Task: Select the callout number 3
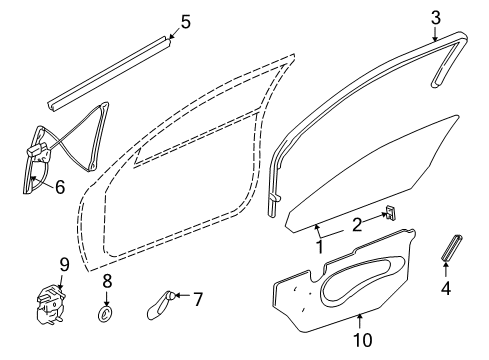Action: click(434, 16)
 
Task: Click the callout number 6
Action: click(59, 185)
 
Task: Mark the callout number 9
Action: click(63, 264)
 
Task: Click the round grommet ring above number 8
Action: click(106, 316)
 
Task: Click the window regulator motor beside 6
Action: click(38, 156)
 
